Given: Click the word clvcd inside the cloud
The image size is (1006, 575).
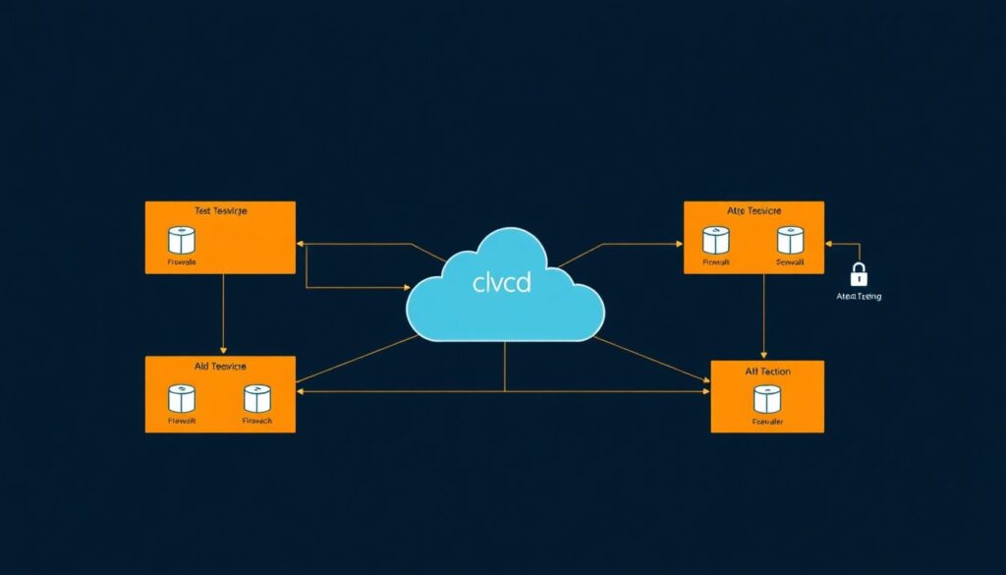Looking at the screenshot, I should coord(501,284).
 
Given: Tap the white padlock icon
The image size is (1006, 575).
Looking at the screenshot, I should coord(858,274).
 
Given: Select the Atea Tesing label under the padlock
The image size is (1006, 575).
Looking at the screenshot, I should coord(858,297).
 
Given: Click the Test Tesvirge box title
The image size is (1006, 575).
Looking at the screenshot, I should coord(220,210).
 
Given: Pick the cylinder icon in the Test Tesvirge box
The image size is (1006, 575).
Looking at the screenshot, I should coord(182,240).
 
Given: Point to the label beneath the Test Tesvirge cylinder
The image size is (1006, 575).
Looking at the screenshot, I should coord(182,262).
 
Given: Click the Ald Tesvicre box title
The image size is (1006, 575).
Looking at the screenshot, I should coord(220,366).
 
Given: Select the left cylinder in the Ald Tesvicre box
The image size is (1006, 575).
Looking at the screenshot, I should coord(182,398).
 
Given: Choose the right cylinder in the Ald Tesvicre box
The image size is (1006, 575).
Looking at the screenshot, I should coord(256,398).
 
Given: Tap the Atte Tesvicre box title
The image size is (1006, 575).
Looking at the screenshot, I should coord(753,210).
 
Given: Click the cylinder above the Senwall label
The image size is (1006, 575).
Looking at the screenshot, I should coord(791,240).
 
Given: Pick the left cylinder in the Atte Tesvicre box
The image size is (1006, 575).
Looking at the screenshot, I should coord(716,240).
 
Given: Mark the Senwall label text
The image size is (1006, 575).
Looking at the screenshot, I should coord(791,262).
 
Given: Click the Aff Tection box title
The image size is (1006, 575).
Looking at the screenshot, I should coord(767,371).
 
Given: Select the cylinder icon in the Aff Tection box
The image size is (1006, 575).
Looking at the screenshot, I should coord(767,399).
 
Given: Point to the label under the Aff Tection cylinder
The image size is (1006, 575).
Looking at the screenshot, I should coord(767,423).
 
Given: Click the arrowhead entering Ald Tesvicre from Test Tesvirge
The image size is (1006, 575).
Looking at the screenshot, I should coord(224,350).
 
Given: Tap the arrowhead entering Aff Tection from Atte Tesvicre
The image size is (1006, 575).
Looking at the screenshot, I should coord(764,355).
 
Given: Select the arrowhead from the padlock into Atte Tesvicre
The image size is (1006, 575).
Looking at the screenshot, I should coord(830,243).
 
